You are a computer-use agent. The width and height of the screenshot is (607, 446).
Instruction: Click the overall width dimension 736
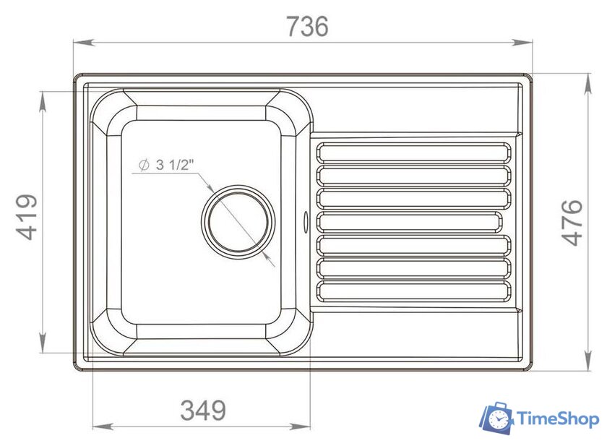pos(307,26)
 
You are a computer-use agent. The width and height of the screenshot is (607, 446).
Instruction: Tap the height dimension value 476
pos(572,222)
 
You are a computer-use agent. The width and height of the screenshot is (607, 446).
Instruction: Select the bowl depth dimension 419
pos(27,218)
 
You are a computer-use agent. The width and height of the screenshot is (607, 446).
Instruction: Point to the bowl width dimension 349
pos(203,411)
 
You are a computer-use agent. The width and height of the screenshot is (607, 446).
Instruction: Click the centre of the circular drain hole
pos(239,220)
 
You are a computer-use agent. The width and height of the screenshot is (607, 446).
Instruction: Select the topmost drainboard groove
pos(414,152)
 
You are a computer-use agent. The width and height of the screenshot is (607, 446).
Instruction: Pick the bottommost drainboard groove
pos(414,291)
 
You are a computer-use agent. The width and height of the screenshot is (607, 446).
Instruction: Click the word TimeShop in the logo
pos(556,419)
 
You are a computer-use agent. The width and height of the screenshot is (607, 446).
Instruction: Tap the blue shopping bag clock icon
pos(497,419)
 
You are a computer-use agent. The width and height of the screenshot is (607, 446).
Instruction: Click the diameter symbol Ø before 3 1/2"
pos(142,166)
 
